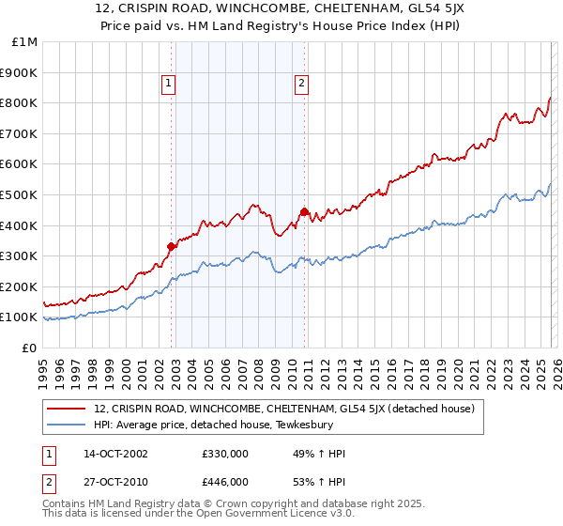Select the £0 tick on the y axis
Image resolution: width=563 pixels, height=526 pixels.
(x=30, y=348)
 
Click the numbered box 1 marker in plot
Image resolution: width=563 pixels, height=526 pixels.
(x=169, y=84)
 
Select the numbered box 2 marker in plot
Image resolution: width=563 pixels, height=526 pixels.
(x=301, y=84)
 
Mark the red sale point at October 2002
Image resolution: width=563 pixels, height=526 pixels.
(x=172, y=247)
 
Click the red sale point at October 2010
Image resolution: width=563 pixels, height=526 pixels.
(x=304, y=211)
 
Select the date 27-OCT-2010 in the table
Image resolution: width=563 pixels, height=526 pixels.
(x=114, y=481)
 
